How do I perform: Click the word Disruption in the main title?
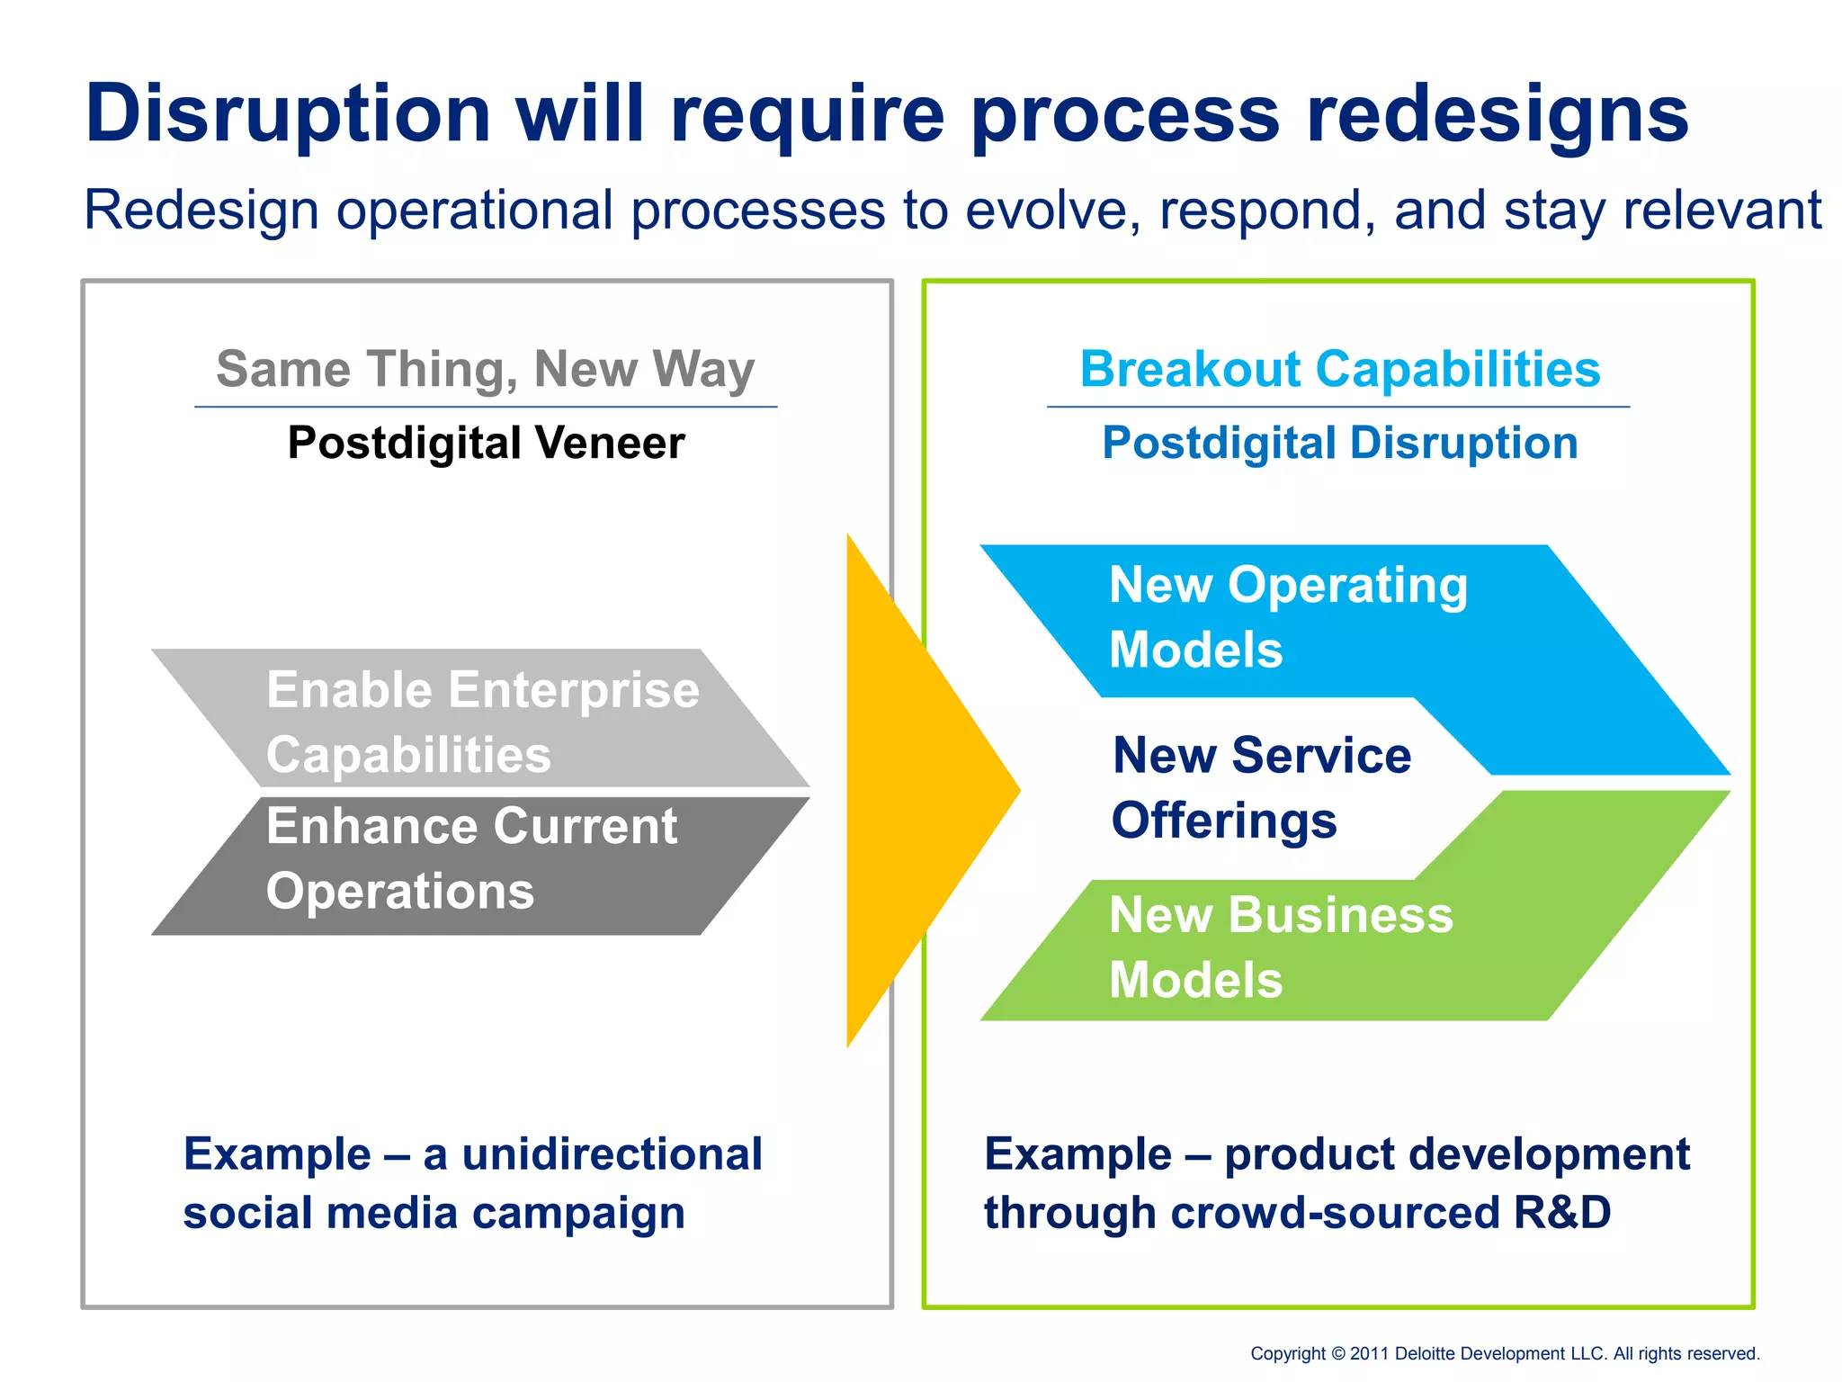(x=288, y=114)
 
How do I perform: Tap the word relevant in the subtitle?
(x=1722, y=210)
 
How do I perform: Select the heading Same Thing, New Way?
(x=486, y=370)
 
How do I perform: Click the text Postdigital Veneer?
(x=486, y=443)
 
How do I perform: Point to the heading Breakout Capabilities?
(x=1340, y=370)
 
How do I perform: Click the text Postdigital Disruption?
(x=1340, y=443)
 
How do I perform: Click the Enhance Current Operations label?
(x=471, y=858)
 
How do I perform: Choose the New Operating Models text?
(x=1288, y=617)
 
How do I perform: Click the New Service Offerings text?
(x=1261, y=787)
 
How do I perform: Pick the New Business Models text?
(x=1281, y=947)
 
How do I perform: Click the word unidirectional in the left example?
(x=612, y=1154)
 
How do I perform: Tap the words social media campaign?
(x=434, y=1213)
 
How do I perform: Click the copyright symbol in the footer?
(x=1337, y=1353)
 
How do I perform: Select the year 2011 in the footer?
(x=1370, y=1353)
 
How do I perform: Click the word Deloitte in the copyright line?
(x=1430, y=1353)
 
